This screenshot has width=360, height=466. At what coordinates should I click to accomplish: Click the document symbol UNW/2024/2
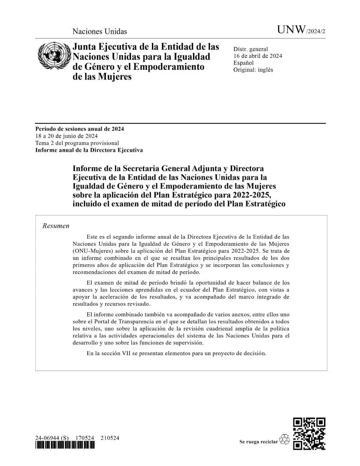click(x=301, y=30)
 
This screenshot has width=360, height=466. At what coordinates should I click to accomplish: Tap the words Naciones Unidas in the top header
click(x=100, y=31)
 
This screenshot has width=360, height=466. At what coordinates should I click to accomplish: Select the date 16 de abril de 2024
click(x=258, y=56)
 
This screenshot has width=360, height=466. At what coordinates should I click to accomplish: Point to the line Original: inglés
click(x=253, y=70)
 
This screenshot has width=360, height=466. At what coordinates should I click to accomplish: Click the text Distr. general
click(x=250, y=49)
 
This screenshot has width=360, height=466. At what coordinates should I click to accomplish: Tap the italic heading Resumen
click(x=56, y=226)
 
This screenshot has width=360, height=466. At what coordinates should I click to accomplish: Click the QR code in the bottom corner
click(x=309, y=434)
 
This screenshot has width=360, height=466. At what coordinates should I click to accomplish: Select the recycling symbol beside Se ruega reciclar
click(x=284, y=440)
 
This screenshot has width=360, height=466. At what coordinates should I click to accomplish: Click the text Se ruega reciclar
click(x=258, y=442)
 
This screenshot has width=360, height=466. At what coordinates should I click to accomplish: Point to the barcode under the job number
click(x=65, y=445)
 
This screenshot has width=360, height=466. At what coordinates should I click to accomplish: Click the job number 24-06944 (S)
click(x=52, y=438)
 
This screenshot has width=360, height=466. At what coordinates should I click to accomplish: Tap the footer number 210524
click(x=110, y=438)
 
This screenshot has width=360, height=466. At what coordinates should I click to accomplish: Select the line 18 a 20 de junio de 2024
click(x=66, y=136)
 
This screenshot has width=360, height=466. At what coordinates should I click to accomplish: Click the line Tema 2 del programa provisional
click(x=77, y=143)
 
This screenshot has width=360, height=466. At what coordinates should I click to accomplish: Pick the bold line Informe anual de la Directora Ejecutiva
click(x=89, y=150)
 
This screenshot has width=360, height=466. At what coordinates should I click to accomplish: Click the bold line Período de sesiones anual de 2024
click(x=79, y=129)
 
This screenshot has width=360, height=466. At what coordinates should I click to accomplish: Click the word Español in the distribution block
click(x=244, y=63)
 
